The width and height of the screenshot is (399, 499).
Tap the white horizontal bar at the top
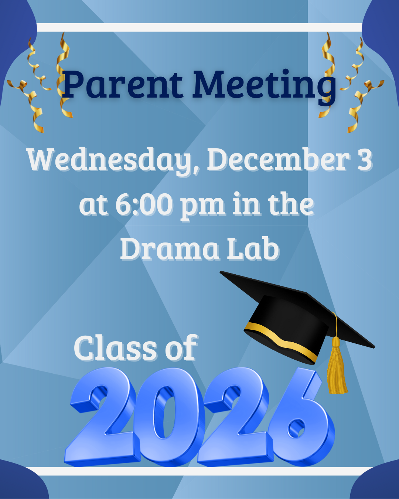pyautogui.click(x=199, y=28)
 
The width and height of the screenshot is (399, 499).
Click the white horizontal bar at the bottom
pyautogui.click(x=199, y=471)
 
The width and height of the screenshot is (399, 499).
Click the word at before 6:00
pyautogui.click(x=93, y=205)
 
